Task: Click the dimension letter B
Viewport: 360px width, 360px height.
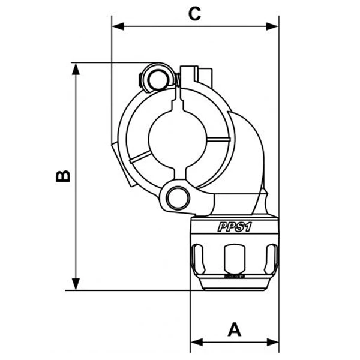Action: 62,176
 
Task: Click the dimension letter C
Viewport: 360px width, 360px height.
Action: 194,13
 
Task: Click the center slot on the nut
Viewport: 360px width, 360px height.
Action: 235,257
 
